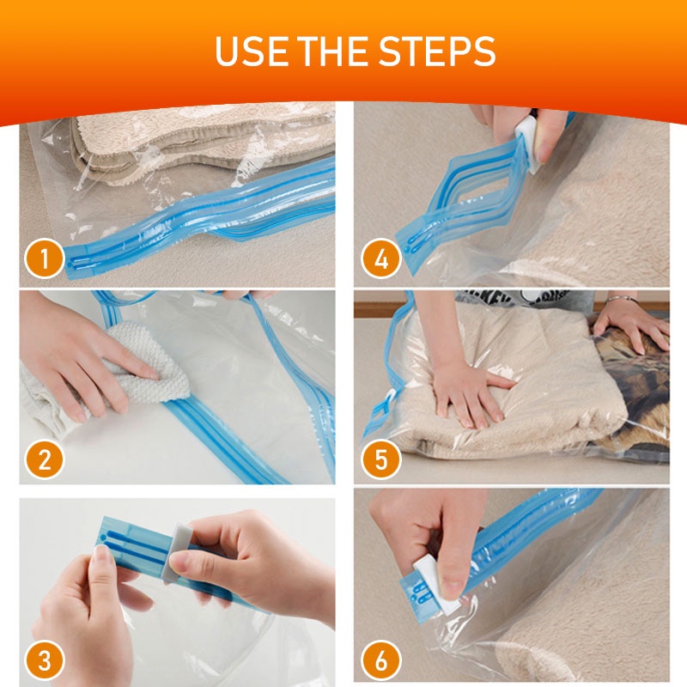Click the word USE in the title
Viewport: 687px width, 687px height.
pyautogui.click(x=252, y=51)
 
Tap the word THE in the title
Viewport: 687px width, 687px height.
pyautogui.click(x=333, y=51)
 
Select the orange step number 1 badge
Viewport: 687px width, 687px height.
pyautogui.click(x=45, y=258)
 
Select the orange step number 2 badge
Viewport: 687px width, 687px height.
pyautogui.click(x=45, y=459)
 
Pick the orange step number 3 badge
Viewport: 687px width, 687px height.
pyautogui.click(x=45, y=660)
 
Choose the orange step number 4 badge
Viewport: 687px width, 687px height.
pyautogui.click(x=380, y=258)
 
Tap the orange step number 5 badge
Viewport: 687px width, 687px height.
pyautogui.click(x=380, y=459)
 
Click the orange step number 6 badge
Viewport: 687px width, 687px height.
pyautogui.click(x=380, y=660)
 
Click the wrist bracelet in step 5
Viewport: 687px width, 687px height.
pyautogui.click(x=622, y=299)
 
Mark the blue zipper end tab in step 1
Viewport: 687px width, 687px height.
pyautogui.click(x=81, y=263)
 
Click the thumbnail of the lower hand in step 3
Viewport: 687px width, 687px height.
pyautogui.click(x=101, y=566)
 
